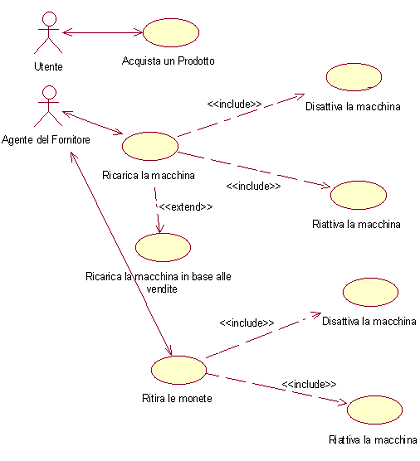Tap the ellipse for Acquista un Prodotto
pos(171,33)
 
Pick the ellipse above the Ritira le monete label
pos(179,370)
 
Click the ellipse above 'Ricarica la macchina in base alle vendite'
pos(163,247)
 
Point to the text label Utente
pos(49,67)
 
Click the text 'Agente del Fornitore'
pos(46,139)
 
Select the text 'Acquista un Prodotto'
pos(168,61)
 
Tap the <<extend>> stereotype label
pos(186,207)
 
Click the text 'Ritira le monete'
pos(177,398)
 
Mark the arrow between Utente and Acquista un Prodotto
pos(103,32)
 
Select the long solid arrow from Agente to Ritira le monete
pos(121,254)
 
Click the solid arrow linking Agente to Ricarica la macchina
pos(93,123)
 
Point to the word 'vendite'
pos(162,289)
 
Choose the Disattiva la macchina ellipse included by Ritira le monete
pos(371,292)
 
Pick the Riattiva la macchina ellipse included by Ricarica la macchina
pos(359,195)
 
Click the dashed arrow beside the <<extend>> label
pos(158,210)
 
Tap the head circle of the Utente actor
pos(49,18)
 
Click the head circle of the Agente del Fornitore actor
pos(49,92)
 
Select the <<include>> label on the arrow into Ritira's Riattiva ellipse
pos(309,384)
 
